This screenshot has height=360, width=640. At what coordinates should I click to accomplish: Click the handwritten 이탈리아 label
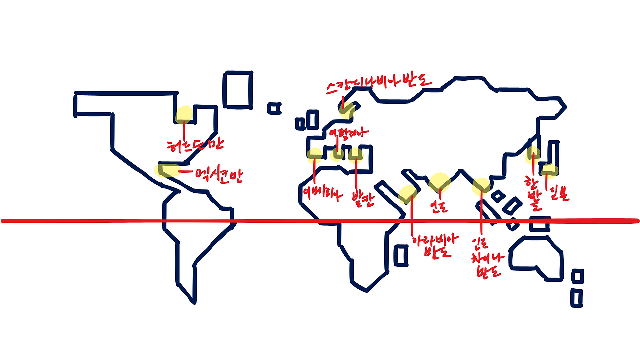click(348, 134)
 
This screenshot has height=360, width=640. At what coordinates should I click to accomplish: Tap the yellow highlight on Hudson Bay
click(184, 114)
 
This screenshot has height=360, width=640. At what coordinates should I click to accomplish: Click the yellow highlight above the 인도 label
click(440, 182)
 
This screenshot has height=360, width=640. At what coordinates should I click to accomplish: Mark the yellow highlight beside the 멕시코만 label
click(165, 170)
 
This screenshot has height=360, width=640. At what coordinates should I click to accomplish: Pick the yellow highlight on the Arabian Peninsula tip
click(408, 193)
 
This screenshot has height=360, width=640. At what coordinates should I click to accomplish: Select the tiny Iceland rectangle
click(274, 108)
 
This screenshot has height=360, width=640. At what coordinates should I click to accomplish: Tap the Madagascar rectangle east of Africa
click(401, 255)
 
